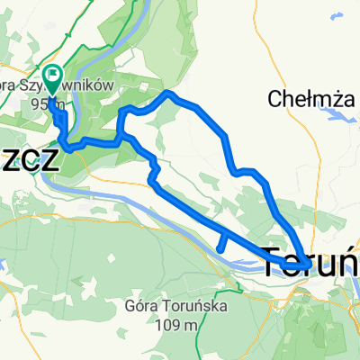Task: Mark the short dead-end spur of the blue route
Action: [x=220, y=243]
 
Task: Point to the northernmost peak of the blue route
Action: [x=168, y=94]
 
